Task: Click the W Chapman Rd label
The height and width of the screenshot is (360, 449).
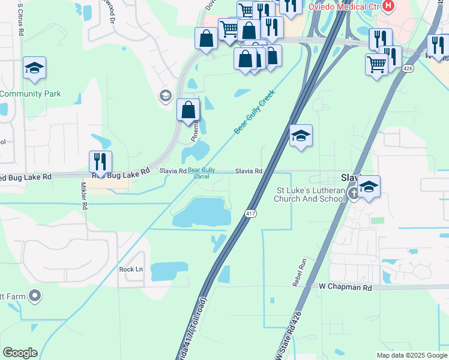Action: [x=345, y=287]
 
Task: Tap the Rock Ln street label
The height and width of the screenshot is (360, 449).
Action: [x=131, y=269]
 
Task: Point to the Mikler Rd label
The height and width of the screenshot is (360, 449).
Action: [x=85, y=196]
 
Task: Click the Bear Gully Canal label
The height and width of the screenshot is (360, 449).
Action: [x=201, y=173]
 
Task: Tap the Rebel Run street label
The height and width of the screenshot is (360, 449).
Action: [x=300, y=272]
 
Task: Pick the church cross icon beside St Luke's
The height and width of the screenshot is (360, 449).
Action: [x=354, y=193]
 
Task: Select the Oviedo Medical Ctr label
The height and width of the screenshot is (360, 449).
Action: [x=344, y=7]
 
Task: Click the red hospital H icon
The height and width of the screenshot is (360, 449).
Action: [x=388, y=7]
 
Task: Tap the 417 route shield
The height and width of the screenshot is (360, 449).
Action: [x=251, y=214]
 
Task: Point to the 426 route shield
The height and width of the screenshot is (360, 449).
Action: [x=408, y=68]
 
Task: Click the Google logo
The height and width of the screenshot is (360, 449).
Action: [x=20, y=353]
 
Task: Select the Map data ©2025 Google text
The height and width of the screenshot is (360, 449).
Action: [x=411, y=355]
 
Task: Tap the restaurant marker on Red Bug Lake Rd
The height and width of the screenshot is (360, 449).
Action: [x=100, y=162]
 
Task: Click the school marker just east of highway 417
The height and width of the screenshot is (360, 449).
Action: [x=301, y=136]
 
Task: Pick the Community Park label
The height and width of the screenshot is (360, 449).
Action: [x=30, y=94]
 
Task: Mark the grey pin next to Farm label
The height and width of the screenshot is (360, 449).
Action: [x=35, y=295]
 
